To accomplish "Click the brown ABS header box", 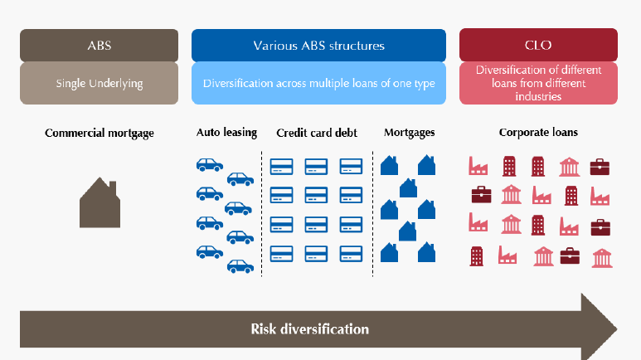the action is (x=99, y=45).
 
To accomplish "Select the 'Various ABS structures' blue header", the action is (x=318, y=45).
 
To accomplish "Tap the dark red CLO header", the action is (x=538, y=45).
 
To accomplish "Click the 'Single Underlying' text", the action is (x=100, y=84).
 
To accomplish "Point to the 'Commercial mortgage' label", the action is (x=100, y=133).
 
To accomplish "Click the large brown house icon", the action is (x=100, y=202).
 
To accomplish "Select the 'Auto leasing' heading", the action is (x=226, y=133).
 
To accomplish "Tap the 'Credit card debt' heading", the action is (x=317, y=133).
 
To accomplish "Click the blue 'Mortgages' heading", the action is (x=409, y=133).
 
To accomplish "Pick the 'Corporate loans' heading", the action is (x=538, y=132).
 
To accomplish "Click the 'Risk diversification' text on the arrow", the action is (x=310, y=329).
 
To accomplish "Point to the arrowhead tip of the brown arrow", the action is (x=617, y=329).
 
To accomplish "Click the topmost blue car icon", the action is (x=210, y=164).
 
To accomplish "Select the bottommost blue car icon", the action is (x=240, y=266).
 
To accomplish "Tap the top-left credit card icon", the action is (x=282, y=167).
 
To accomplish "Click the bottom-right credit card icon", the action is (x=351, y=254).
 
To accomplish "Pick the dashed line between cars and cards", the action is (x=262, y=214).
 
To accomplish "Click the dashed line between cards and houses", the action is (x=372, y=214).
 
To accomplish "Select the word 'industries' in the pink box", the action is (x=538, y=96).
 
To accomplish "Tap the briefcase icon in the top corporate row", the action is (x=600, y=167).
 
